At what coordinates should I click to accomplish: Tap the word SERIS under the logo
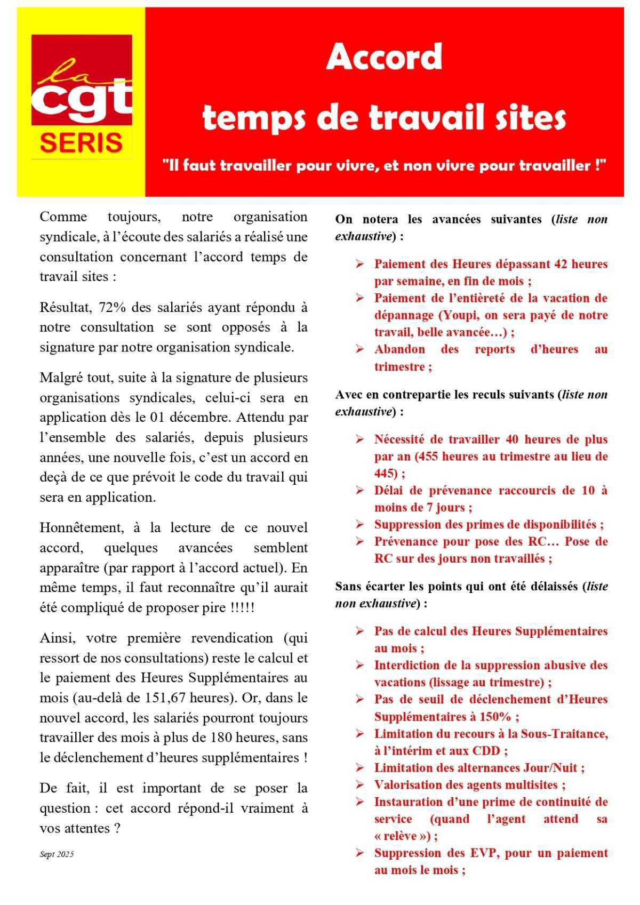81,143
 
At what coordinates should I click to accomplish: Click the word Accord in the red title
384,57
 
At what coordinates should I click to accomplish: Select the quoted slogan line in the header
385,165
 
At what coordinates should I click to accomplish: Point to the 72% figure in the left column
108,307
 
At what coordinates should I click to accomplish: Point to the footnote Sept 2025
57,854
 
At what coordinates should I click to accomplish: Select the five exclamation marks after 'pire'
243,608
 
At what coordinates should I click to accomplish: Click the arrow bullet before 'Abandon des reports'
360,350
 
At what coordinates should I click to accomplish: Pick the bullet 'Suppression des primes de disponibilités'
488,525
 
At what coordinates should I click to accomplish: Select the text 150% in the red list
497,717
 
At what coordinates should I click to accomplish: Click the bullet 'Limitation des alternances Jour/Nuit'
478,768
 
